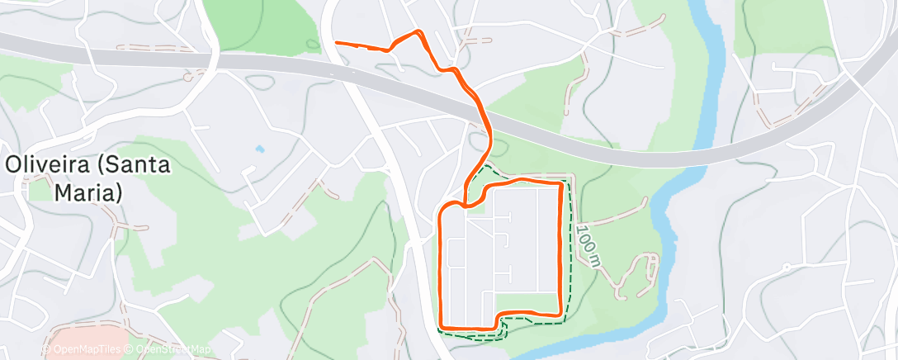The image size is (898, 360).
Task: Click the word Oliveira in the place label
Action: click(45, 165)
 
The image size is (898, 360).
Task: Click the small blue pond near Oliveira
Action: click(260, 149)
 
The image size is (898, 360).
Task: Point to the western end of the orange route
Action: click(336, 42)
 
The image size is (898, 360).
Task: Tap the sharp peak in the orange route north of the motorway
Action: click(419, 33)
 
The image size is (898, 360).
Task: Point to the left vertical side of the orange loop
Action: click(444, 264)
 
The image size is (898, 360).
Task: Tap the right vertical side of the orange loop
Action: click(563, 248)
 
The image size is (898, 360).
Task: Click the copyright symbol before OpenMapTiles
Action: click(46, 350)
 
